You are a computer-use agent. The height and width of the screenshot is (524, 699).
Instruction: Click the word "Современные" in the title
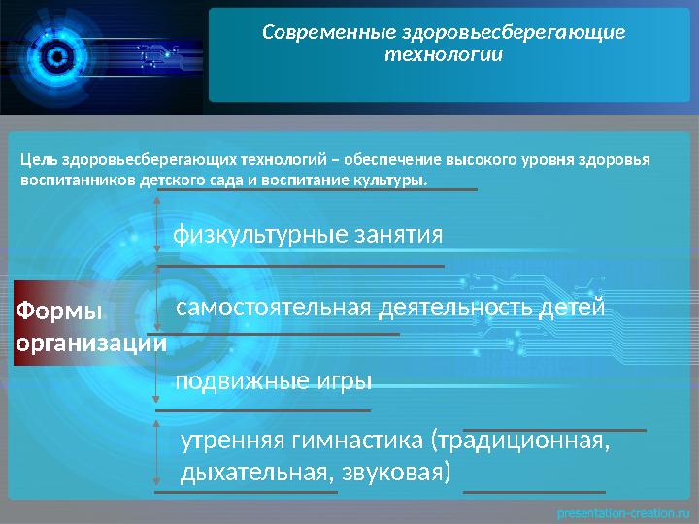(319, 32)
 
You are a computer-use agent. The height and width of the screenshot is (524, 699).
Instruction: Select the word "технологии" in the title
(444, 54)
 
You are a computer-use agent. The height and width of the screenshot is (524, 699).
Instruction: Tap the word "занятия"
(397, 235)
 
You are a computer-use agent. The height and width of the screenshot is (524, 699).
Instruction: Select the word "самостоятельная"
(273, 308)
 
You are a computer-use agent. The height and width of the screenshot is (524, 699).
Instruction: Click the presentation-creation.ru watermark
(621, 511)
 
